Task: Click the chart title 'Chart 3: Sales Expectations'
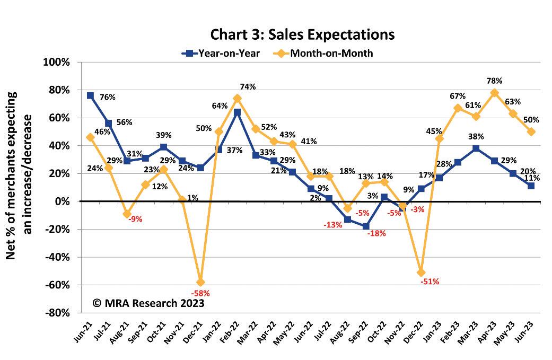(x=303, y=34)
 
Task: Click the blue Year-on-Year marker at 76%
(x=90, y=96)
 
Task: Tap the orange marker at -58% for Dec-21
(x=200, y=282)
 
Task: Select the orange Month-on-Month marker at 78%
(x=494, y=93)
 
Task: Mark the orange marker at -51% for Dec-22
(x=421, y=273)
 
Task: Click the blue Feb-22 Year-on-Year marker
(x=237, y=112)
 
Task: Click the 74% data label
(x=248, y=87)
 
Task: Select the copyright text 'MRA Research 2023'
(x=148, y=303)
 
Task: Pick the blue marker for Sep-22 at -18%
(x=365, y=226)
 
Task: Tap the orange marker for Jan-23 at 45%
(x=440, y=139)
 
